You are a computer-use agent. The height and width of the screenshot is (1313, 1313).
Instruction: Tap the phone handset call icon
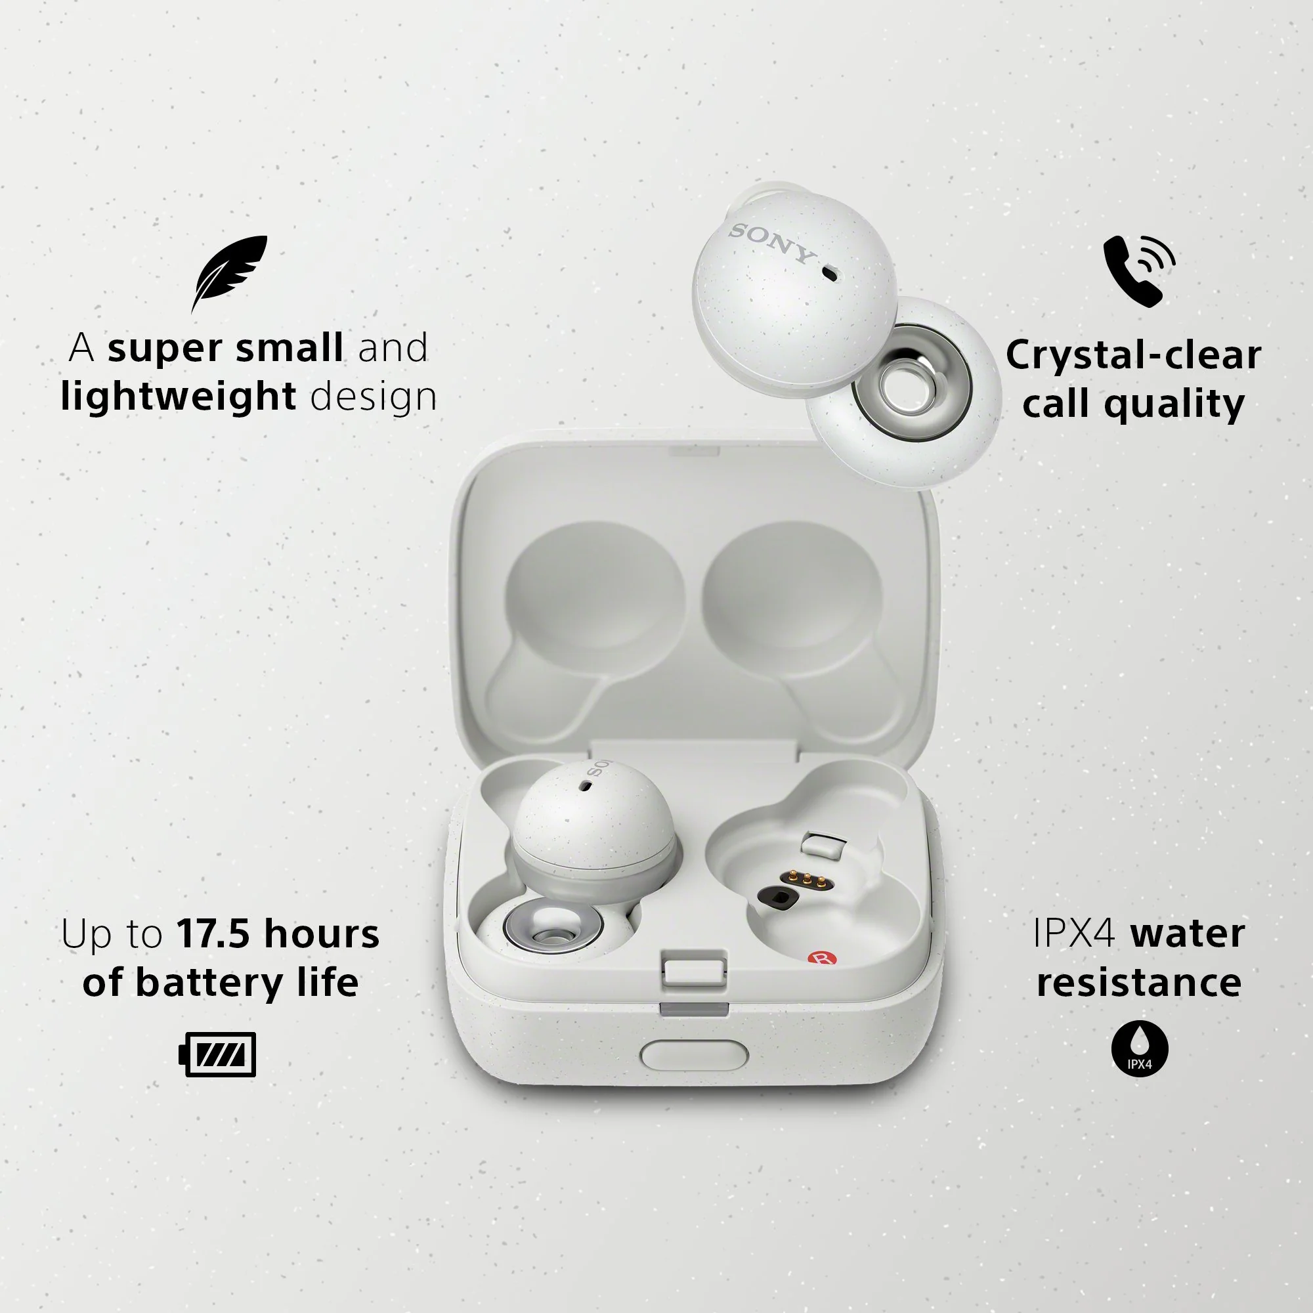(1138, 271)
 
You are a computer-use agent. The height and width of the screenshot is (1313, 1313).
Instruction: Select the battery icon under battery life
(217, 1054)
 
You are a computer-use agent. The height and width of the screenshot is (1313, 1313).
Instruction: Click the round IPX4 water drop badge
(1140, 1047)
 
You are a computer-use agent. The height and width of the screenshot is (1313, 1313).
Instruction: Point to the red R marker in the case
(822, 958)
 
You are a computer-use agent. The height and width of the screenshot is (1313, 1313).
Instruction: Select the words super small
(225, 347)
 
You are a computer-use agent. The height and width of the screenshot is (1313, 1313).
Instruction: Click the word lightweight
(178, 397)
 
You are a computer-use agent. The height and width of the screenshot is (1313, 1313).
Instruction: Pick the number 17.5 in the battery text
(213, 933)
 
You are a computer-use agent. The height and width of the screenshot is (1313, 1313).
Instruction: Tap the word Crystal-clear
(1133, 355)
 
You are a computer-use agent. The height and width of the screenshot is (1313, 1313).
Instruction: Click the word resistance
(1139, 982)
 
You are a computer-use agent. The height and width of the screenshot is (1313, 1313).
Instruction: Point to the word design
(373, 397)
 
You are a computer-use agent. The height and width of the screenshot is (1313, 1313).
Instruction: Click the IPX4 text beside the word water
(1074, 933)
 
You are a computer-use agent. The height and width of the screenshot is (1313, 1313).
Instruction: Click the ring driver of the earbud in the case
(553, 924)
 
